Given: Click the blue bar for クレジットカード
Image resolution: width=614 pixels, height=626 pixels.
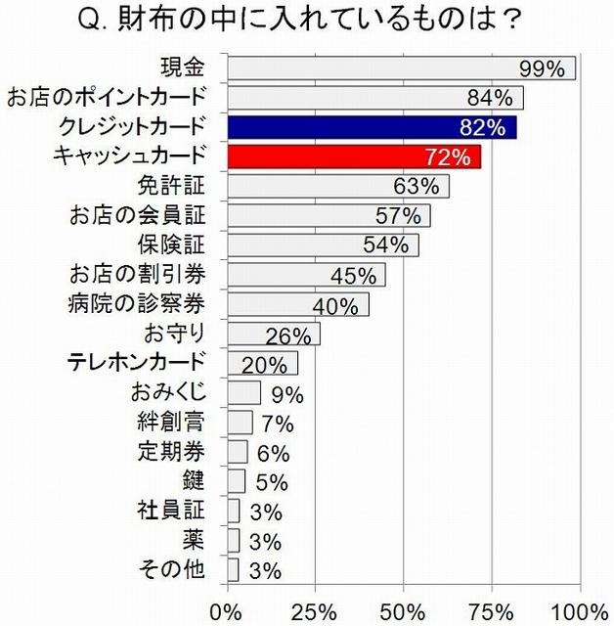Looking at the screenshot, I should pyautogui.click(x=373, y=127).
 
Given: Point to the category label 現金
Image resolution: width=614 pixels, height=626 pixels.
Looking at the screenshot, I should pyautogui.click(x=183, y=67).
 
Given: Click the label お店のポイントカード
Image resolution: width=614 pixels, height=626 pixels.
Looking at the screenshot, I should pyautogui.click(x=107, y=97).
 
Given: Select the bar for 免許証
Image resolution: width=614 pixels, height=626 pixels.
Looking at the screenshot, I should pyautogui.click(x=338, y=186).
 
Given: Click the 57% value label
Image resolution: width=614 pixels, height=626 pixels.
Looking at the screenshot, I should pyautogui.click(x=398, y=215).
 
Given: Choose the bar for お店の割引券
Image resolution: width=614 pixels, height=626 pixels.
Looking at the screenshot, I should pyautogui.click(x=306, y=275).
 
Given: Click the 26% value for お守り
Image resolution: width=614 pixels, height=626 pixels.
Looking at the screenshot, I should pyautogui.click(x=288, y=335).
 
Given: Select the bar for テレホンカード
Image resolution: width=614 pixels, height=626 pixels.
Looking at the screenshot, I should pyautogui.click(x=262, y=364).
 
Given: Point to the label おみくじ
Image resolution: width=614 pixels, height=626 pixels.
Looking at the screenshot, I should pyautogui.click(x=169, y=393).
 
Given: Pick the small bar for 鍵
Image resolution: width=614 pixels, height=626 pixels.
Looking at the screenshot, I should pyautogui.click(x=237, y=480).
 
